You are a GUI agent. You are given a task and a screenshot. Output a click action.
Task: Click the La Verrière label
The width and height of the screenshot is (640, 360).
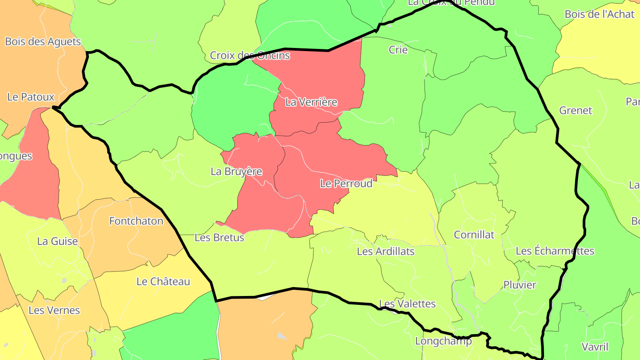tap(311, 102)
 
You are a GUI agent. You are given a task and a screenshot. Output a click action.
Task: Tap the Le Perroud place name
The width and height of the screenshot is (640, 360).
tap(346, 184)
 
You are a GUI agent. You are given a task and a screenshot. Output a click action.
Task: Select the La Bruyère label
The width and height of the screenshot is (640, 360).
tap(236, 172)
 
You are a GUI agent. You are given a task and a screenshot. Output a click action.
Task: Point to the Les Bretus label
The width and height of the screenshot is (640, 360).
tap(220, 238)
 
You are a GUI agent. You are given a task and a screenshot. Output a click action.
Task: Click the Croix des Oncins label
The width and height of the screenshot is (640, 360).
tap(250, 56)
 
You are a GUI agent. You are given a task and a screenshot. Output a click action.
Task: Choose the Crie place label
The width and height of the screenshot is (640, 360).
tap(398, 50)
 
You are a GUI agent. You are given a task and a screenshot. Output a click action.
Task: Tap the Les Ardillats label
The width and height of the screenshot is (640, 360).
tap(386, 252)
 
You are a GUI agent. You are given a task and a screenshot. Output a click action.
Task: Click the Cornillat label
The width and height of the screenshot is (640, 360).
tap(474, 235)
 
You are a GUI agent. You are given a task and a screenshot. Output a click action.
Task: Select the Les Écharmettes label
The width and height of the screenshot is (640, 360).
tap(555, 251)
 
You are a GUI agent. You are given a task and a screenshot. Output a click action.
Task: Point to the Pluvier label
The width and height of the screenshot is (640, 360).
tap(520, 285)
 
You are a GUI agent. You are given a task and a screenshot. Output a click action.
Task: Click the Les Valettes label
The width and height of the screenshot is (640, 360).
tap(407, 304)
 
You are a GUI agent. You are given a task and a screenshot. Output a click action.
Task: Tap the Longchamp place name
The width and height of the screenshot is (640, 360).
tap(443, 341)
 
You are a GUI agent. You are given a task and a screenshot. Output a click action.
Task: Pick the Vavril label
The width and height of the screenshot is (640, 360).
tap(595, 347)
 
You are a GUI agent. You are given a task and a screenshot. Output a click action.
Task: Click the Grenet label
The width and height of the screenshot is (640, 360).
tap(576, 110)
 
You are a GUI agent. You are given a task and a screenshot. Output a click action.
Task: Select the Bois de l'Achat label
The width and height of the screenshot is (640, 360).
tap(600, 14)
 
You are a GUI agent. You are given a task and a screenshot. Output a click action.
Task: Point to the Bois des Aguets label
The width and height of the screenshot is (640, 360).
tap(43, 42)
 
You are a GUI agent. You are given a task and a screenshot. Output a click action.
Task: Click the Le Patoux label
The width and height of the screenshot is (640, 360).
tap(31, 97)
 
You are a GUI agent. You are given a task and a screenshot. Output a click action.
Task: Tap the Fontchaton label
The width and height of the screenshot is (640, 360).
tap(136, 221)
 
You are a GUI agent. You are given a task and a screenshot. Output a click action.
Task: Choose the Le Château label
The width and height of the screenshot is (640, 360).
tap(163, 281)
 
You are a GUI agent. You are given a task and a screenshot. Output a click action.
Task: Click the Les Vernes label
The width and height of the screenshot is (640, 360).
tap(54, 310)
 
